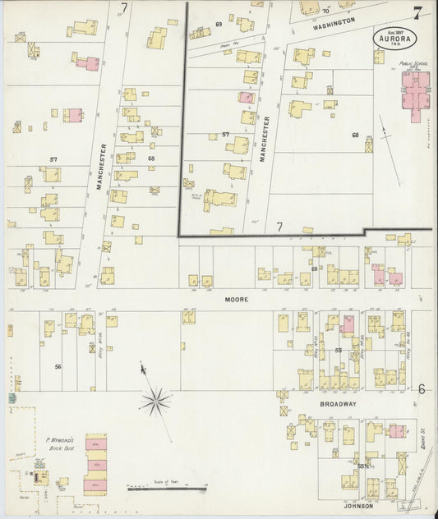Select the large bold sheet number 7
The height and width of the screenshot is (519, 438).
tap(419, 12)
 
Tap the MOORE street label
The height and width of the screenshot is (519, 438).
tap(237, 300)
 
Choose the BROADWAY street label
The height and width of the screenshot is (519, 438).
tap(338, 405)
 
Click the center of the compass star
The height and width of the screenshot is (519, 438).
tap(154, 402)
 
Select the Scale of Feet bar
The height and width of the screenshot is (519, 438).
tap(164, 488)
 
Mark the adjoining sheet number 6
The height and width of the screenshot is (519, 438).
tap(420, 389)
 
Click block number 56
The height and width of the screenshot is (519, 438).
tap(58, 366)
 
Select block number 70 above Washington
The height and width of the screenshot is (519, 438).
tap(325, 11)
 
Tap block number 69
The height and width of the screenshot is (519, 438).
tap(219, 25)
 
